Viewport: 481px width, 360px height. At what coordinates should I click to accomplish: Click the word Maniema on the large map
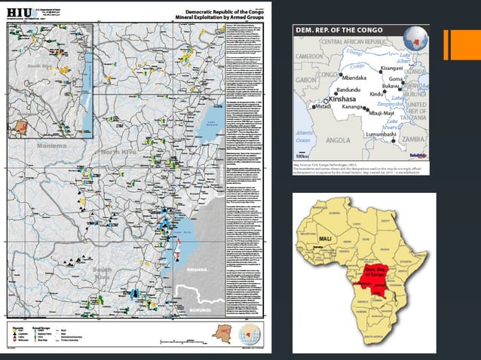pos(30,145)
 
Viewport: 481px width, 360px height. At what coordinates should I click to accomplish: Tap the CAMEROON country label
pos(310,56)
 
